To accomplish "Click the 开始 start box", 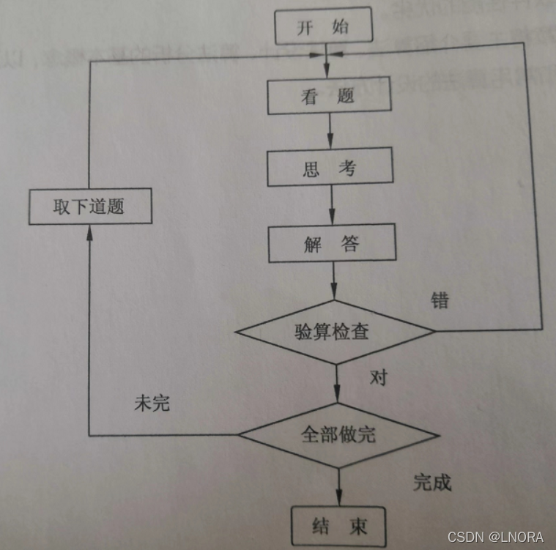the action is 323,29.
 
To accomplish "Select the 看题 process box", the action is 328,97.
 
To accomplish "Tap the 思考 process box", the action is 330,168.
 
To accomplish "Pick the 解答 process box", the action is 332,244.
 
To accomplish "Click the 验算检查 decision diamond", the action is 335,332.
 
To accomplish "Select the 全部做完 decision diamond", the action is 338,435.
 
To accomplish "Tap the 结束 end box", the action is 338,526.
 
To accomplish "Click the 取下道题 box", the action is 89,207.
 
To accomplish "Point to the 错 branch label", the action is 440,300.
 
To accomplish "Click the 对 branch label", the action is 378,378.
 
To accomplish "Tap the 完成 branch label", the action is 432,482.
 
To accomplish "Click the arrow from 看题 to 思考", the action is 330,133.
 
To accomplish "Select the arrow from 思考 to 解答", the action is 331,206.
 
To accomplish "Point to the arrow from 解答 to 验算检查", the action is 333,280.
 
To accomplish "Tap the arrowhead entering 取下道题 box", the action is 89,231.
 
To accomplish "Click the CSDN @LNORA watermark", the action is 495,537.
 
